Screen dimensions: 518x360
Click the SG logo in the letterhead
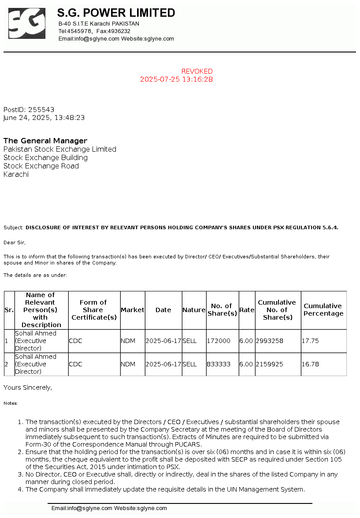(27, 23)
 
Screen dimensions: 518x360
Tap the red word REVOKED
(197, 71)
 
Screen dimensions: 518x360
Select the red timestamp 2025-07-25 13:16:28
(176, 79)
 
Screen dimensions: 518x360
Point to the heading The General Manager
(45, 141)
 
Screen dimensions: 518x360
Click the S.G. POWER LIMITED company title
(116, 13)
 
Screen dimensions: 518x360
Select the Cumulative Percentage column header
(323, 310)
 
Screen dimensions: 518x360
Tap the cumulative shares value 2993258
(269, 341)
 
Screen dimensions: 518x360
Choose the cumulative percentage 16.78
(310, 365)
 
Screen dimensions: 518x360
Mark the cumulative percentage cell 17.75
(310, 341)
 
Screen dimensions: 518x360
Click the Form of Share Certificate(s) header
(94, 310)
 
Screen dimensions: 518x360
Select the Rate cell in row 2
(246, 365)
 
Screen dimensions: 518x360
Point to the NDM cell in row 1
(128, 341)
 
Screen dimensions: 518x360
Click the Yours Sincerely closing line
(28, 388)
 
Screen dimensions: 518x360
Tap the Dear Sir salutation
(15, 242)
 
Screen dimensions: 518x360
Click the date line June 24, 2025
(44, 118)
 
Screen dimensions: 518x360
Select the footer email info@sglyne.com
(82, 508)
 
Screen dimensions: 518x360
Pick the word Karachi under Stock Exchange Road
(16, 175)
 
